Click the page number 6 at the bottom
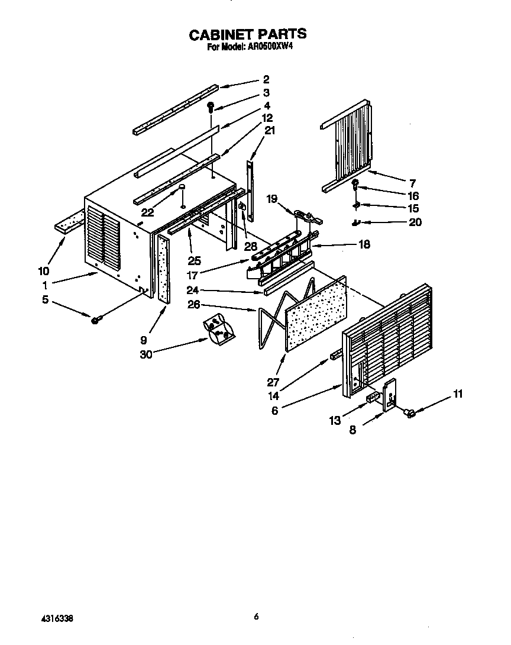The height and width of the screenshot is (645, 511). coord(256,617)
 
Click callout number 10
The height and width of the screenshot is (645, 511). coord(43,272)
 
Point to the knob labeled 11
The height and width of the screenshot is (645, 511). coord(408,414)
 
